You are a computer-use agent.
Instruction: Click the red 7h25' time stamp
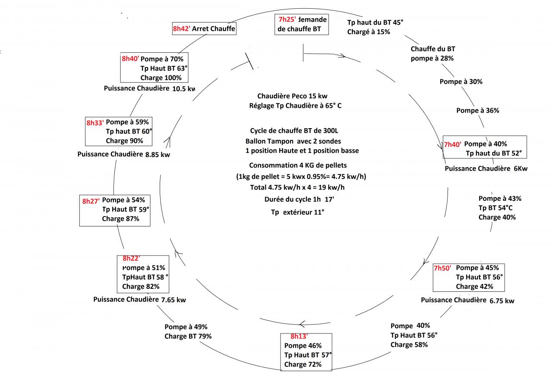[x=287, y=20]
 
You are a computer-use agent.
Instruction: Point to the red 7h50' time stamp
[x=442, y=268]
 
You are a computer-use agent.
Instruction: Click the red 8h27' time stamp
[x=91, y=201]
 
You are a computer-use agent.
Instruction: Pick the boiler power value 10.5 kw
[x=184, y=89]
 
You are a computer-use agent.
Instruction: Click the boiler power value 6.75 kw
[x=502, y=301]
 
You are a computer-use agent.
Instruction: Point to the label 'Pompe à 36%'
[x=477, y=110]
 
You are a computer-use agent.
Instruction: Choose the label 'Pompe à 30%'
[x=461, y=81]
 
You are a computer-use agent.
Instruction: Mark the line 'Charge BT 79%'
[x=188, y=336]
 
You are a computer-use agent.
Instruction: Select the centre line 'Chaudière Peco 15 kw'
[x=295, y=96]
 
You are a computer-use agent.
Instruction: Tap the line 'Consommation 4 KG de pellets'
[x=298, y=165]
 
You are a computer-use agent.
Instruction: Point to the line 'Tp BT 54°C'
[x=496, y=208]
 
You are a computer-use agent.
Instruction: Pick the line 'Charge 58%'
[x=409, y=345]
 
